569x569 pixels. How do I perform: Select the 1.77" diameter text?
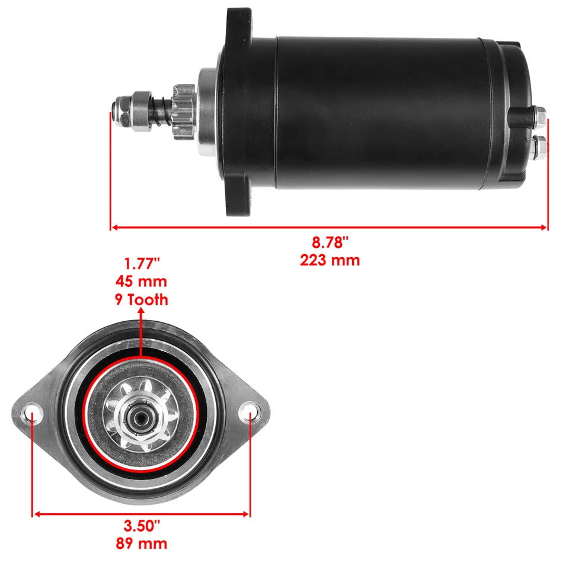tap(142, 263)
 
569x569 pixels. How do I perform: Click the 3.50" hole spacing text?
tap(142, 526)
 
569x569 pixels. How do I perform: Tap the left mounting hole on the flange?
tap(31, 412)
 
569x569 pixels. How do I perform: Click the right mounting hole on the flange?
tap(250, 411)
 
